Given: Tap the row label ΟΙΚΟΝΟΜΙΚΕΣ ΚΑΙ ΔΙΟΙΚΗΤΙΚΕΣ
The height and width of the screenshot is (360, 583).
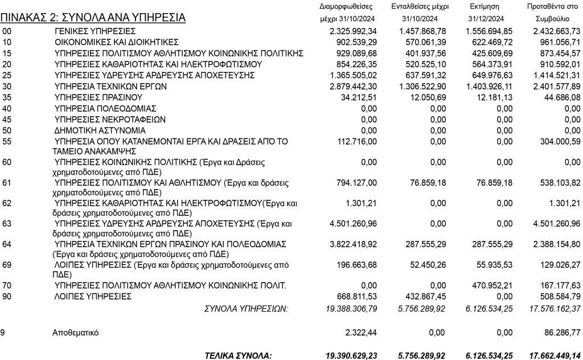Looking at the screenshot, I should click(117, 42).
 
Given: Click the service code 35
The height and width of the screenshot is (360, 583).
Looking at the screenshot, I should click(7, 97).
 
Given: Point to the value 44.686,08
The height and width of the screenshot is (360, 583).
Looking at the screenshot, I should click(560, 97).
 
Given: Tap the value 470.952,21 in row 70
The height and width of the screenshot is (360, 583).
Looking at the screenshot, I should click(488, 285).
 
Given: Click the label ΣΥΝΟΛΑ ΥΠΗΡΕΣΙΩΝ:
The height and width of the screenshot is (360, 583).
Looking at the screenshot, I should click(246, 308).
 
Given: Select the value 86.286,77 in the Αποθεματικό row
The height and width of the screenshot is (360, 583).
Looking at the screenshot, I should click(560, 332).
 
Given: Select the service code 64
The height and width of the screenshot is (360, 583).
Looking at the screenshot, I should click(7, 244).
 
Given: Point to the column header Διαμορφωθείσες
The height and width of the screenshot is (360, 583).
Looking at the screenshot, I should click(346, 7).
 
